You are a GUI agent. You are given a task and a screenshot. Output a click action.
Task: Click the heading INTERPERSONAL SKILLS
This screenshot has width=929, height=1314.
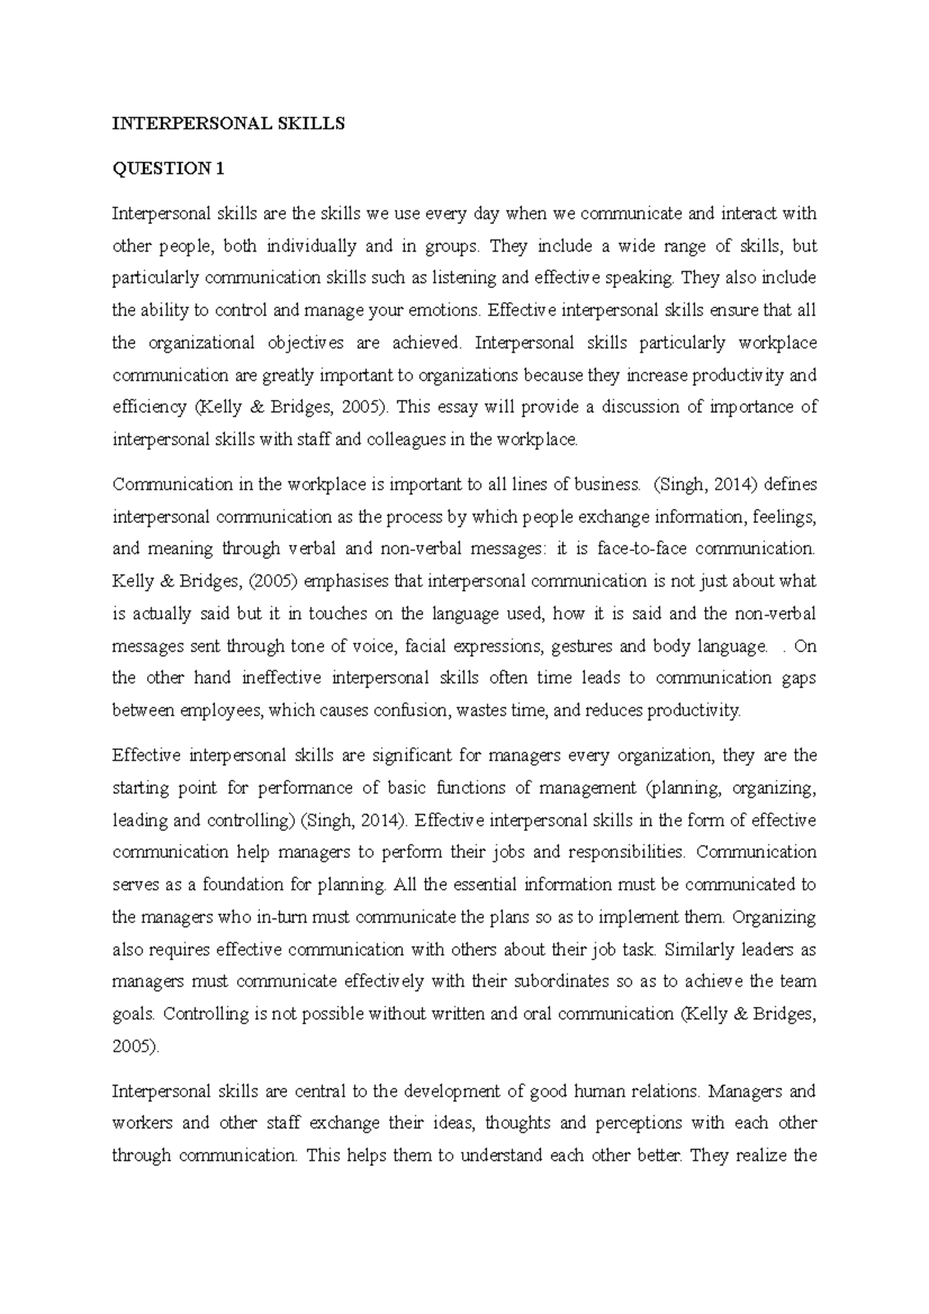click(x=228, y=124)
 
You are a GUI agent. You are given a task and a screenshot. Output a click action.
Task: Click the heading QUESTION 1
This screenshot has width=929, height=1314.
click(x=169, y=169)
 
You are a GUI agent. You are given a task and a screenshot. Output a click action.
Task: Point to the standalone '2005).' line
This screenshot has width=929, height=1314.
click(x=136, y=1046)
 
